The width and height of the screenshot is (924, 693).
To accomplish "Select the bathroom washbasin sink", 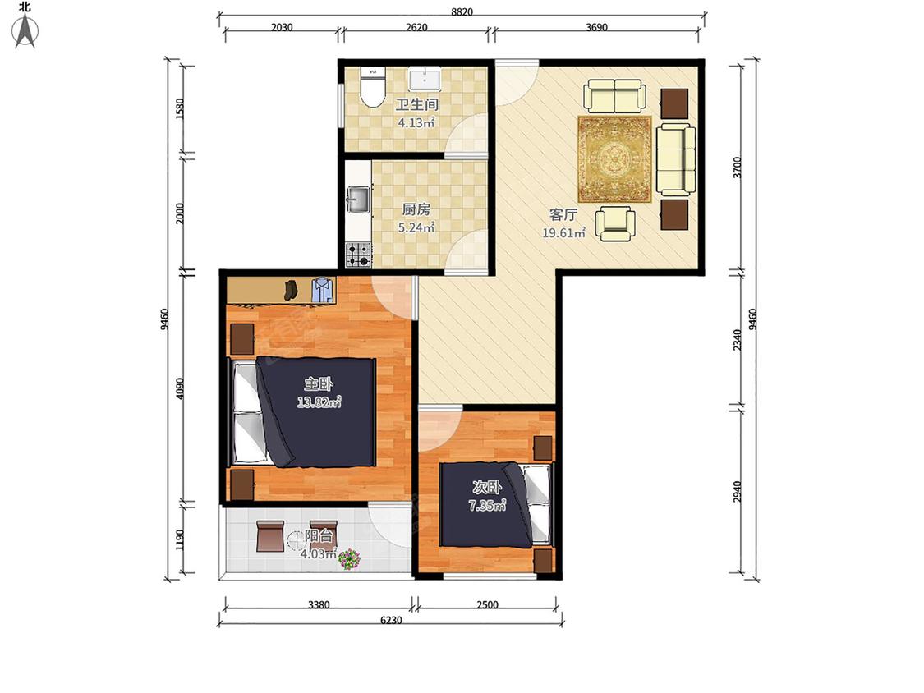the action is point(425,77).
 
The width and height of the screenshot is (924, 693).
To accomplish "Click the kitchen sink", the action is point(358,200).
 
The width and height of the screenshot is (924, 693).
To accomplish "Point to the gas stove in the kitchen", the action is point(358,255).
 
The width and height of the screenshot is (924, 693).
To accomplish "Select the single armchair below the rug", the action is point(614,223).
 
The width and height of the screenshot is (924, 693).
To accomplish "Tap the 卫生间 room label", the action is point(416,105).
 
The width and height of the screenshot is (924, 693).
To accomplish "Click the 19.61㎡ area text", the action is point(563,232).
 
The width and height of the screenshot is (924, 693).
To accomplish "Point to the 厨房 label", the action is point(416,209).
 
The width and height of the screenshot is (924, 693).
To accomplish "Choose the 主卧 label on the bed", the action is point(319,384).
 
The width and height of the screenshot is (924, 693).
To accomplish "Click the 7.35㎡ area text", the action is point(487,506).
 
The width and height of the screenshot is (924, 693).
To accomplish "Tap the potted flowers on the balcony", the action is point(349,558).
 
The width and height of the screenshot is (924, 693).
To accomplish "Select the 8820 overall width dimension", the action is point(462,11).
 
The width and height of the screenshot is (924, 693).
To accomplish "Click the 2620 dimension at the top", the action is point(416,27).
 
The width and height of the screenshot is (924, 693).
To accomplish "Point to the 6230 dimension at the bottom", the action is point(391,620).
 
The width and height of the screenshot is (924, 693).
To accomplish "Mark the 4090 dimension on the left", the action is point(180,388).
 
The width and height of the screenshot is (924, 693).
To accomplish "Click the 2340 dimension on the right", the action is point(738,340).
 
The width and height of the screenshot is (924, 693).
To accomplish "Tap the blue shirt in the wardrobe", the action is point(323,290).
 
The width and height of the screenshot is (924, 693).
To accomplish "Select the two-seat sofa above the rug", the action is point(614,97).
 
